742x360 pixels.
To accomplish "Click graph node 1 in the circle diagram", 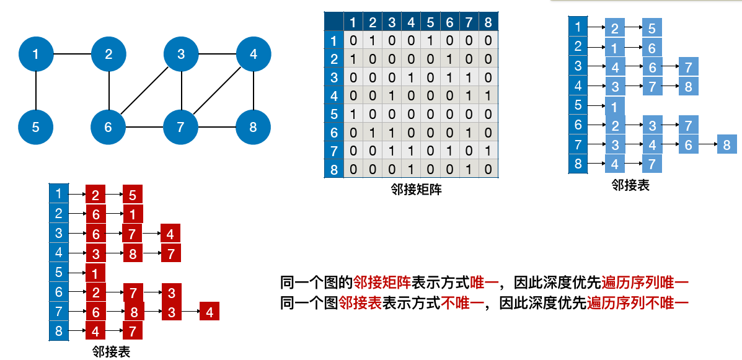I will [36, 55].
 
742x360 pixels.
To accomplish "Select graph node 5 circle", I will [36, 128].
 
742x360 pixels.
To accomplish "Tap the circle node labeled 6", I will [108, 128].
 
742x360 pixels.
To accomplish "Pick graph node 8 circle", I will [253, 128].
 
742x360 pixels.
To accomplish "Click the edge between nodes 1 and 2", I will [73, 55].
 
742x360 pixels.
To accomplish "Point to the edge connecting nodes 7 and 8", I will [217, 128].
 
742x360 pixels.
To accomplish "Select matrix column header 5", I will [430, 23].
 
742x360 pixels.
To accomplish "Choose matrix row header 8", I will [334, 169].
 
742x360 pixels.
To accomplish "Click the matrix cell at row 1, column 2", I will [373, 42].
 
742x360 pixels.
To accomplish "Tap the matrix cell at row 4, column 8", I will [488, 96].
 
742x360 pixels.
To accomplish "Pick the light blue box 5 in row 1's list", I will [652, 29].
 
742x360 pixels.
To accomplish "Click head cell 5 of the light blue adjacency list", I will [578, 105].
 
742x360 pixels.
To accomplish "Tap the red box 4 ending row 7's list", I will [210, 312].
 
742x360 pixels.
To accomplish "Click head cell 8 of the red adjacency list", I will [58, 330].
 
